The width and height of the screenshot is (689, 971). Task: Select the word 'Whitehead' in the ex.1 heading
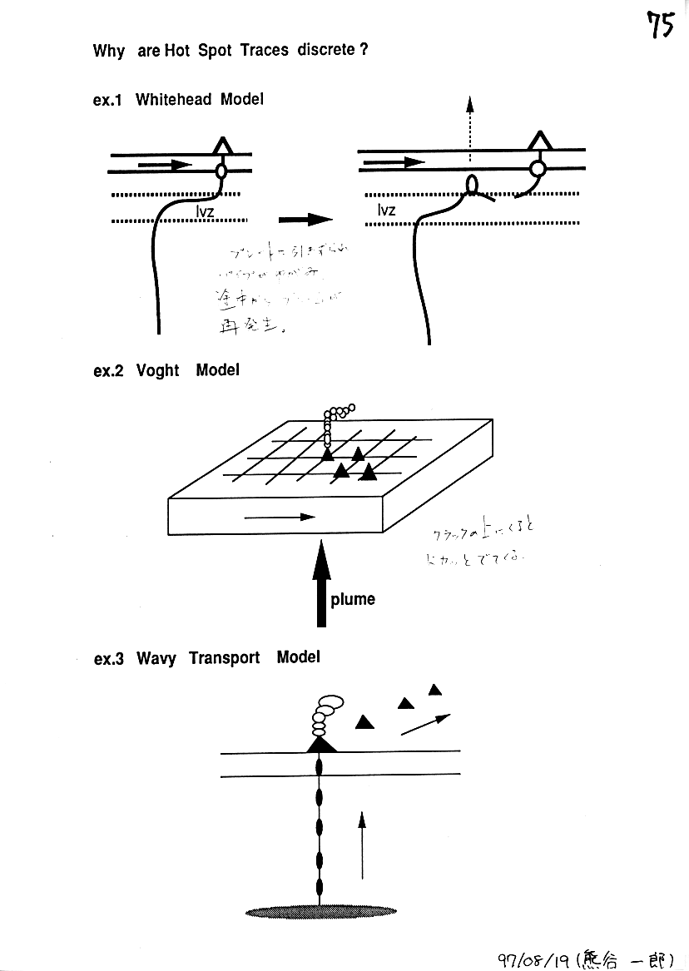point(174,100)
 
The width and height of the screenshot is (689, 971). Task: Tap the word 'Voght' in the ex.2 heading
point(157,370)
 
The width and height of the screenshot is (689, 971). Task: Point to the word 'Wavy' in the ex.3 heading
point(156,658)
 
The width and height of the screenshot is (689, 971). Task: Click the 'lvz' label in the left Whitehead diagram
point(205,212)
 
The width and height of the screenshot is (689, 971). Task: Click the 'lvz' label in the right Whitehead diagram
point(385,211)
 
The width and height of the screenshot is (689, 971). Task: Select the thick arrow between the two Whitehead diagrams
point(305,220)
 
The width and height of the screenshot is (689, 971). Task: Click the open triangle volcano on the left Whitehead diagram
point(221,146)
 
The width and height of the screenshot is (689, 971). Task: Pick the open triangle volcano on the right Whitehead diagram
point(542,141)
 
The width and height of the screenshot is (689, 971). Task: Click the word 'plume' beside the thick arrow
point(353,599)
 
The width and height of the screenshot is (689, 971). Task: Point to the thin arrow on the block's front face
point(280,517)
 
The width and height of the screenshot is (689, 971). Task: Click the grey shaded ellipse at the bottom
point(320,911)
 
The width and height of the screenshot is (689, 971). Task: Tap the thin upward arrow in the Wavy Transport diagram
point(362,845)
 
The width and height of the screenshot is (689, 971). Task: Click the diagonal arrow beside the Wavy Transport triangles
point(425,724)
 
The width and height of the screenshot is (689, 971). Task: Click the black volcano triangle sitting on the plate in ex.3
point(321,743)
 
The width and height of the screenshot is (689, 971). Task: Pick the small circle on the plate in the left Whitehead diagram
point(221,171)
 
